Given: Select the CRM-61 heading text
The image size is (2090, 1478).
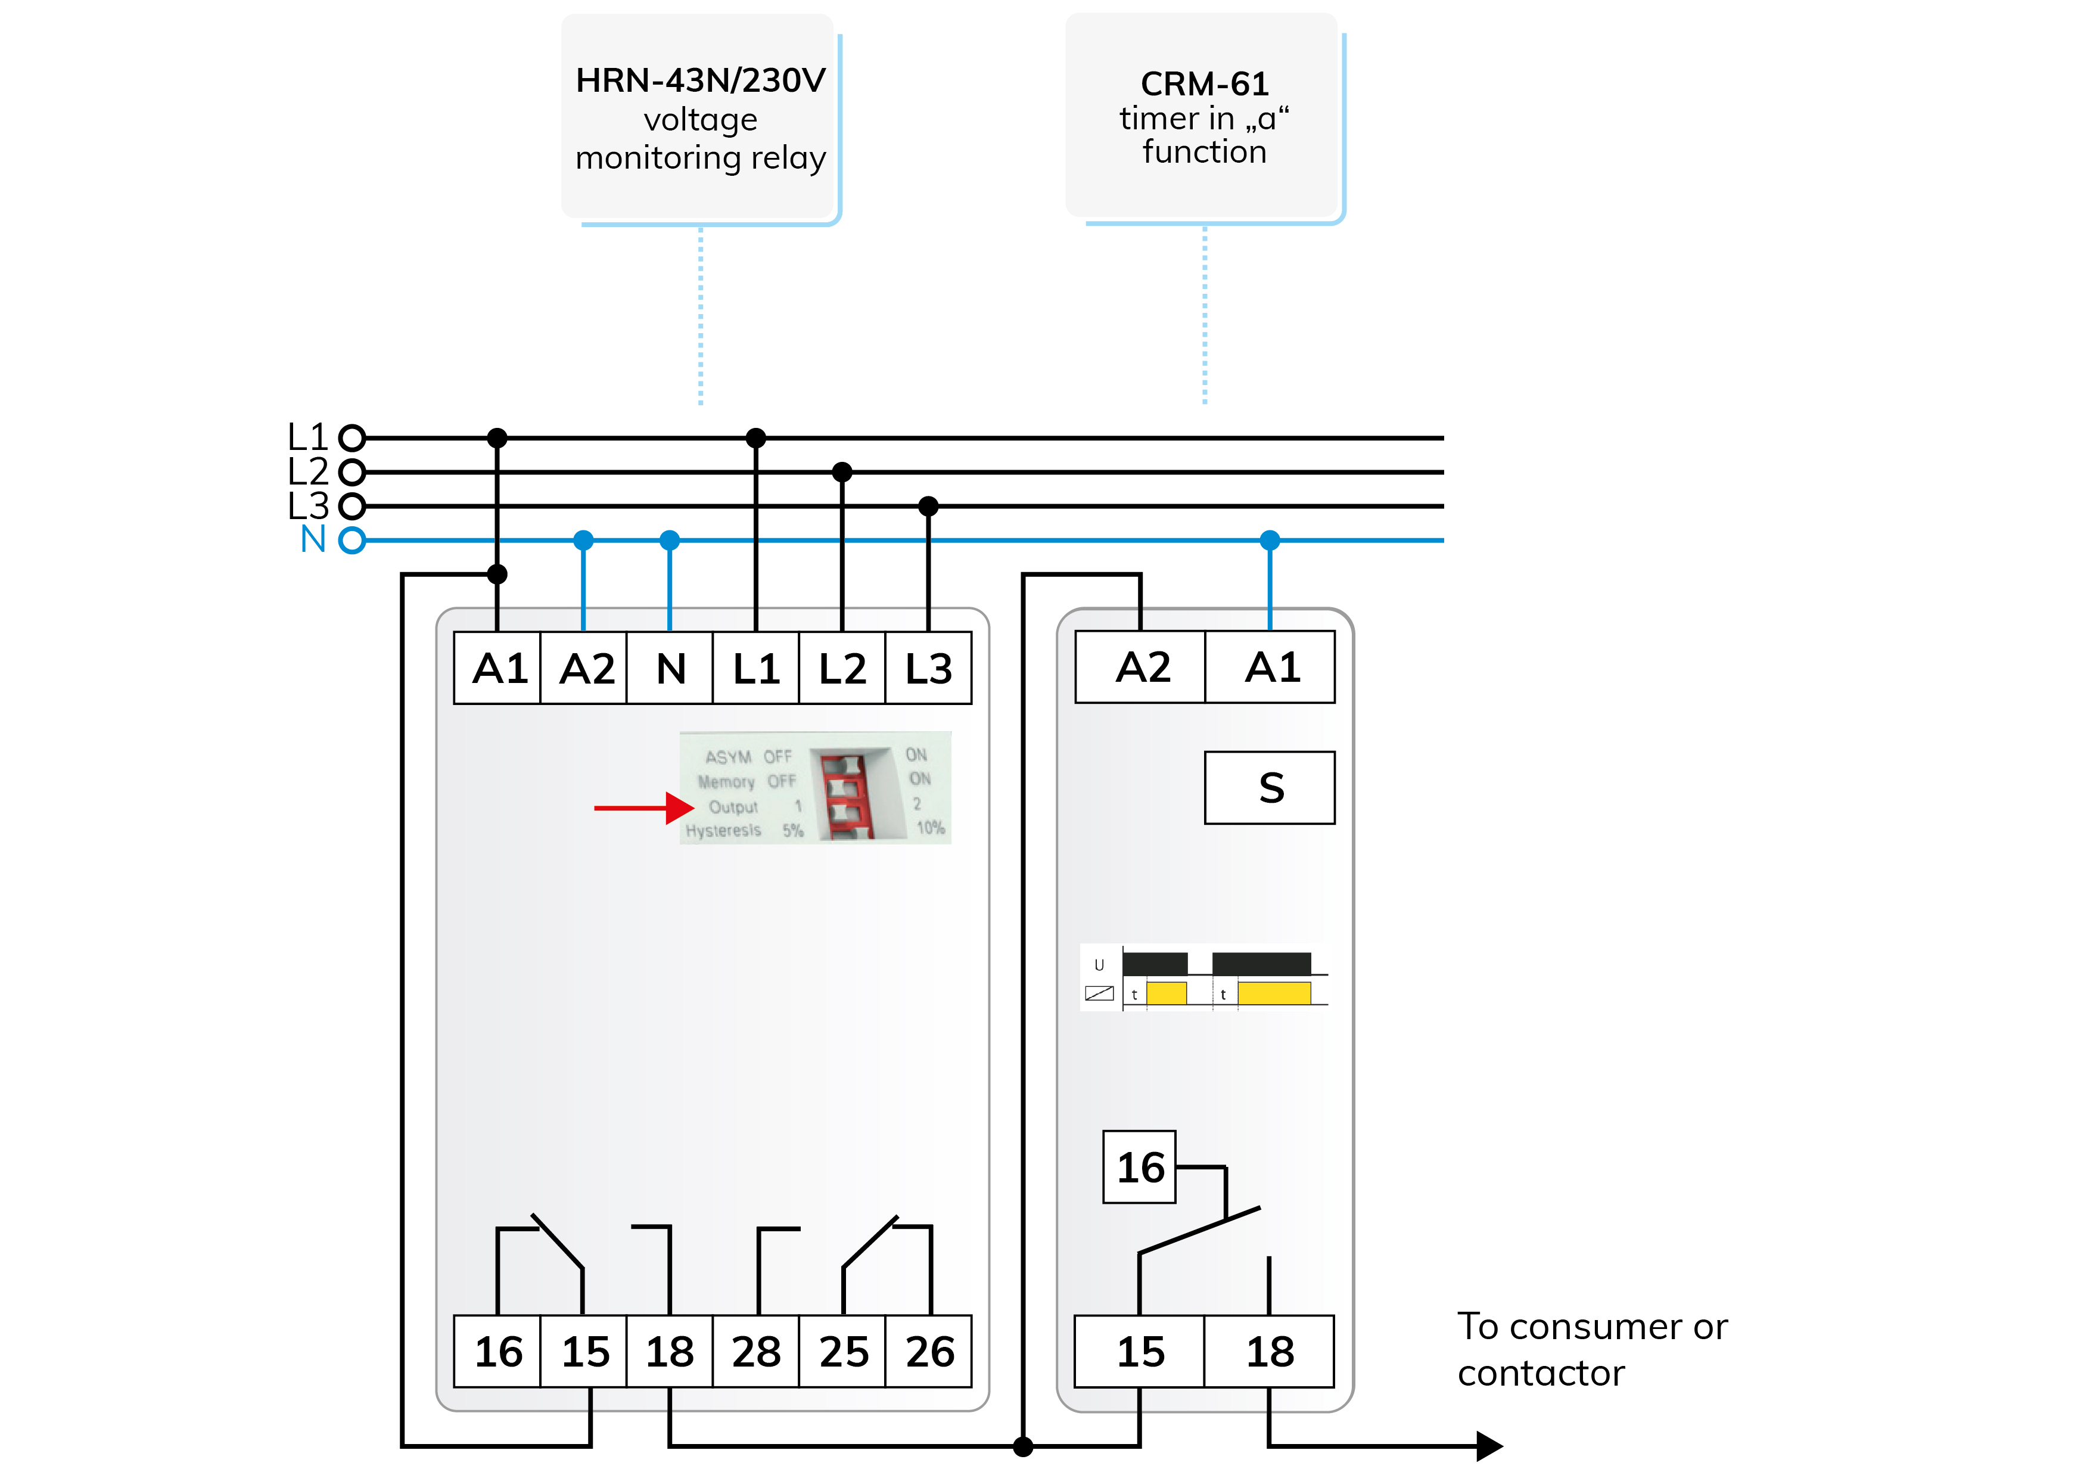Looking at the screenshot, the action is [1204, 84].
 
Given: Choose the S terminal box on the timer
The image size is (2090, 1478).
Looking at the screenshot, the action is [1270, 788].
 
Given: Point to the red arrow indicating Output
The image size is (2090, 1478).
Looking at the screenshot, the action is [643, 808].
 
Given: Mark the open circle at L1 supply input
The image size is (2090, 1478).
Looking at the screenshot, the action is [352, 438].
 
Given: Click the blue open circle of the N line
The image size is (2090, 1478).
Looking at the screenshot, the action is [352, 540].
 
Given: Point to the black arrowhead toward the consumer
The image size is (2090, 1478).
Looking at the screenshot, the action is [1489, 1445].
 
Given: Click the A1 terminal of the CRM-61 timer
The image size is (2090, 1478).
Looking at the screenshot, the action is [1271, 667].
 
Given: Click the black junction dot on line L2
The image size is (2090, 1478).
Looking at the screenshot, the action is [842, 472].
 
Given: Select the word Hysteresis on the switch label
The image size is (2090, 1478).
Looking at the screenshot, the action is [723, 831].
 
